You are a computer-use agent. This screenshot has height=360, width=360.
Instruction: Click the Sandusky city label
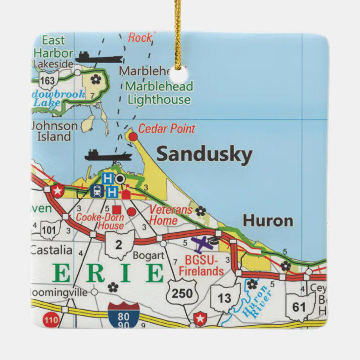204,155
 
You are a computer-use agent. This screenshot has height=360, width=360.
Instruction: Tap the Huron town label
268,221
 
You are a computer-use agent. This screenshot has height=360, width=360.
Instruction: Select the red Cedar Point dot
133,137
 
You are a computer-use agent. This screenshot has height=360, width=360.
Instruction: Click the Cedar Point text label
166,129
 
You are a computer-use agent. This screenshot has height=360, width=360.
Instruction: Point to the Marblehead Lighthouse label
158,93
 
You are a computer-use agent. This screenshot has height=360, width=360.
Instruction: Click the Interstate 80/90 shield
124,315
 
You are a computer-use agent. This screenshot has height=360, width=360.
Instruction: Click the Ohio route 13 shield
225,297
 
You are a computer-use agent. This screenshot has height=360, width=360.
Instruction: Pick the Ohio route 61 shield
299,307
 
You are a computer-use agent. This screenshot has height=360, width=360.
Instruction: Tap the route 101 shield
49,229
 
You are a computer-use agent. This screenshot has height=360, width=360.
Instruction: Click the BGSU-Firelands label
201,267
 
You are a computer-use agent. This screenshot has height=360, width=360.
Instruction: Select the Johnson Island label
53,131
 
